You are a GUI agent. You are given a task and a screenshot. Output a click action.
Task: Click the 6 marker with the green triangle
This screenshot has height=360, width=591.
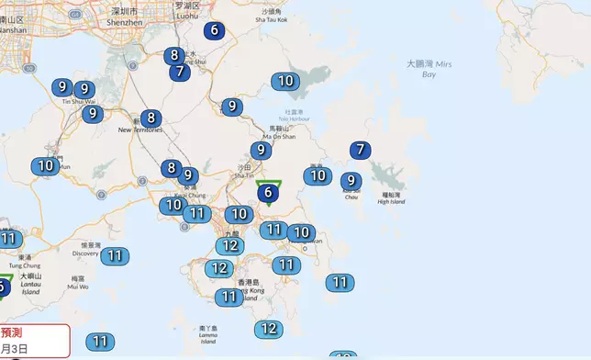click(268, 192)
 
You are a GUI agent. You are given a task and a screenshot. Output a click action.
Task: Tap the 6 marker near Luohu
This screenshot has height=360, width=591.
click(214, 30)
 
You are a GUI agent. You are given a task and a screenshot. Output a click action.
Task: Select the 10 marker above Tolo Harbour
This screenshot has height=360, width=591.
click(285, 81)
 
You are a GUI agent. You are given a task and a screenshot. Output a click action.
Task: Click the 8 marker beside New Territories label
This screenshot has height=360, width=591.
click(151, 118)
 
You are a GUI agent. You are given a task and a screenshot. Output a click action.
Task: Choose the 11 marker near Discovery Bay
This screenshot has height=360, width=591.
click(114, 255)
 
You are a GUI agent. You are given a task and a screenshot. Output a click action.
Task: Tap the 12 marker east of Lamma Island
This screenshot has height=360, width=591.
click(268, 329)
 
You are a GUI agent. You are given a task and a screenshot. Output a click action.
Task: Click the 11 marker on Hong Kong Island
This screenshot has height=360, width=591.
click(229, 297)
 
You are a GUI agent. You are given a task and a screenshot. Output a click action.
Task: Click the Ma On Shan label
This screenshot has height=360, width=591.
click(282, 135)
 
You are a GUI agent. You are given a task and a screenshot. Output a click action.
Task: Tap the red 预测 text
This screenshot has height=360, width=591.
click(12, 332)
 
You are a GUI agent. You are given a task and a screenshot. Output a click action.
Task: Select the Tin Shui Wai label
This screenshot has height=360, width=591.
click(78, 101)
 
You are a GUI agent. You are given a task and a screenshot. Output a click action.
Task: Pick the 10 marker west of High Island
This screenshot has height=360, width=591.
click(317, 175)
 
